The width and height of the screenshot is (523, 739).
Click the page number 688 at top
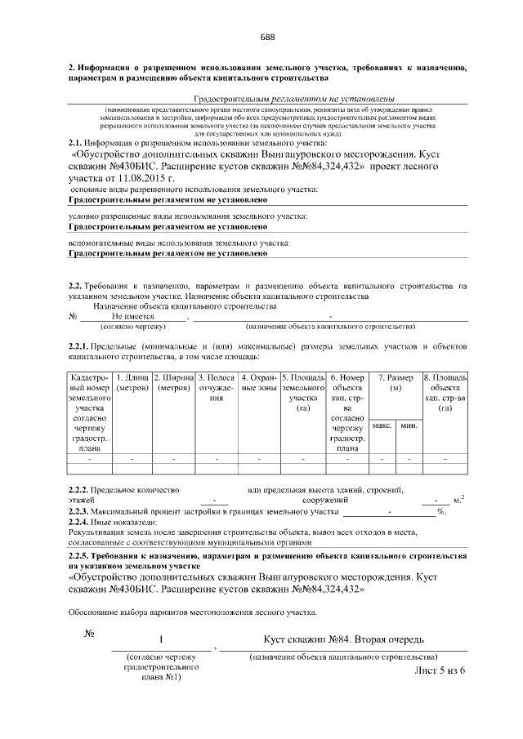(267, 37)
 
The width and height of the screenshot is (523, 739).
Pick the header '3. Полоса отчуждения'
(217, 388)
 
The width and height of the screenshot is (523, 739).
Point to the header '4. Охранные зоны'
(259, 382)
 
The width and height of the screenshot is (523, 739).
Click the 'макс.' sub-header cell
(382, 425)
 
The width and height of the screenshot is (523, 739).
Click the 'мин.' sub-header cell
(408, 425)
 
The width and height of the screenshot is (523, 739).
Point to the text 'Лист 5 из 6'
(440, 670)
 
